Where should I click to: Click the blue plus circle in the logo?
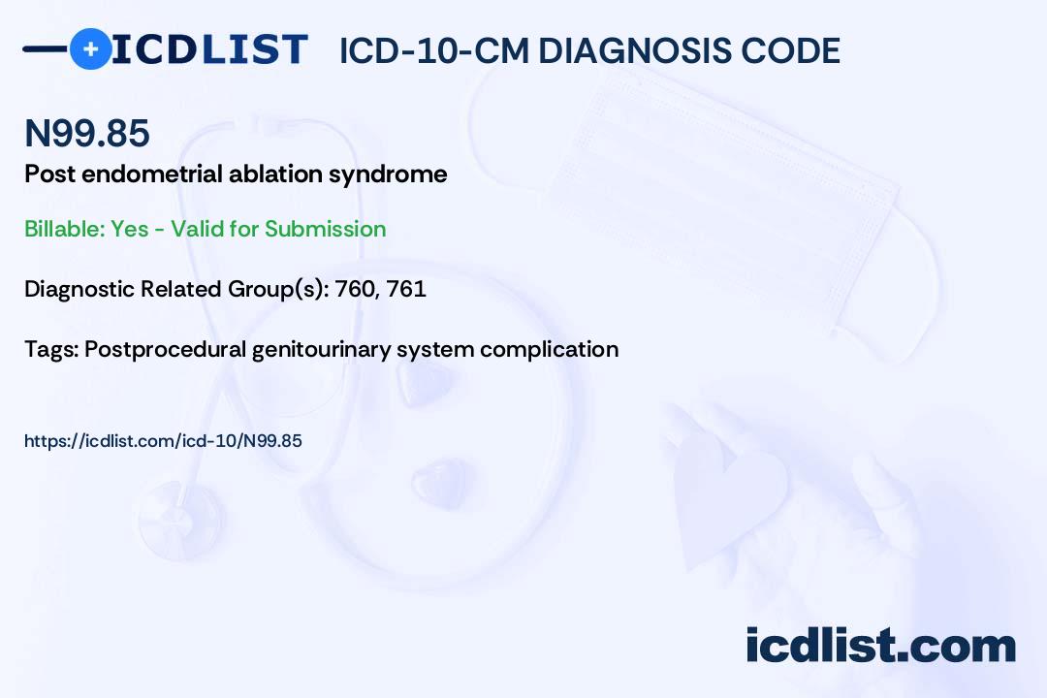coord(91,49)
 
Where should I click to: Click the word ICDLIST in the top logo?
coord(209,49)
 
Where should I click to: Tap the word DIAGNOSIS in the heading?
coord(625,50)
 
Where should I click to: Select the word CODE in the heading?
coord(782,50)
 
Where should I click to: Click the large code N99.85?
coord(87,133)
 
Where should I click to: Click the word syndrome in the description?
coord(388,175)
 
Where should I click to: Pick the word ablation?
coord(275,174)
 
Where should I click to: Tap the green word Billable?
coord(64,229)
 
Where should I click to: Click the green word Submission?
coord(325,229)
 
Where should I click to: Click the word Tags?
coord(51,349)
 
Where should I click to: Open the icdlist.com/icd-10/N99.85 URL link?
coord(163,441)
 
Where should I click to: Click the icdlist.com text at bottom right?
coord(880,646)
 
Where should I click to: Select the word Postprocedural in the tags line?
coord(165,350)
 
